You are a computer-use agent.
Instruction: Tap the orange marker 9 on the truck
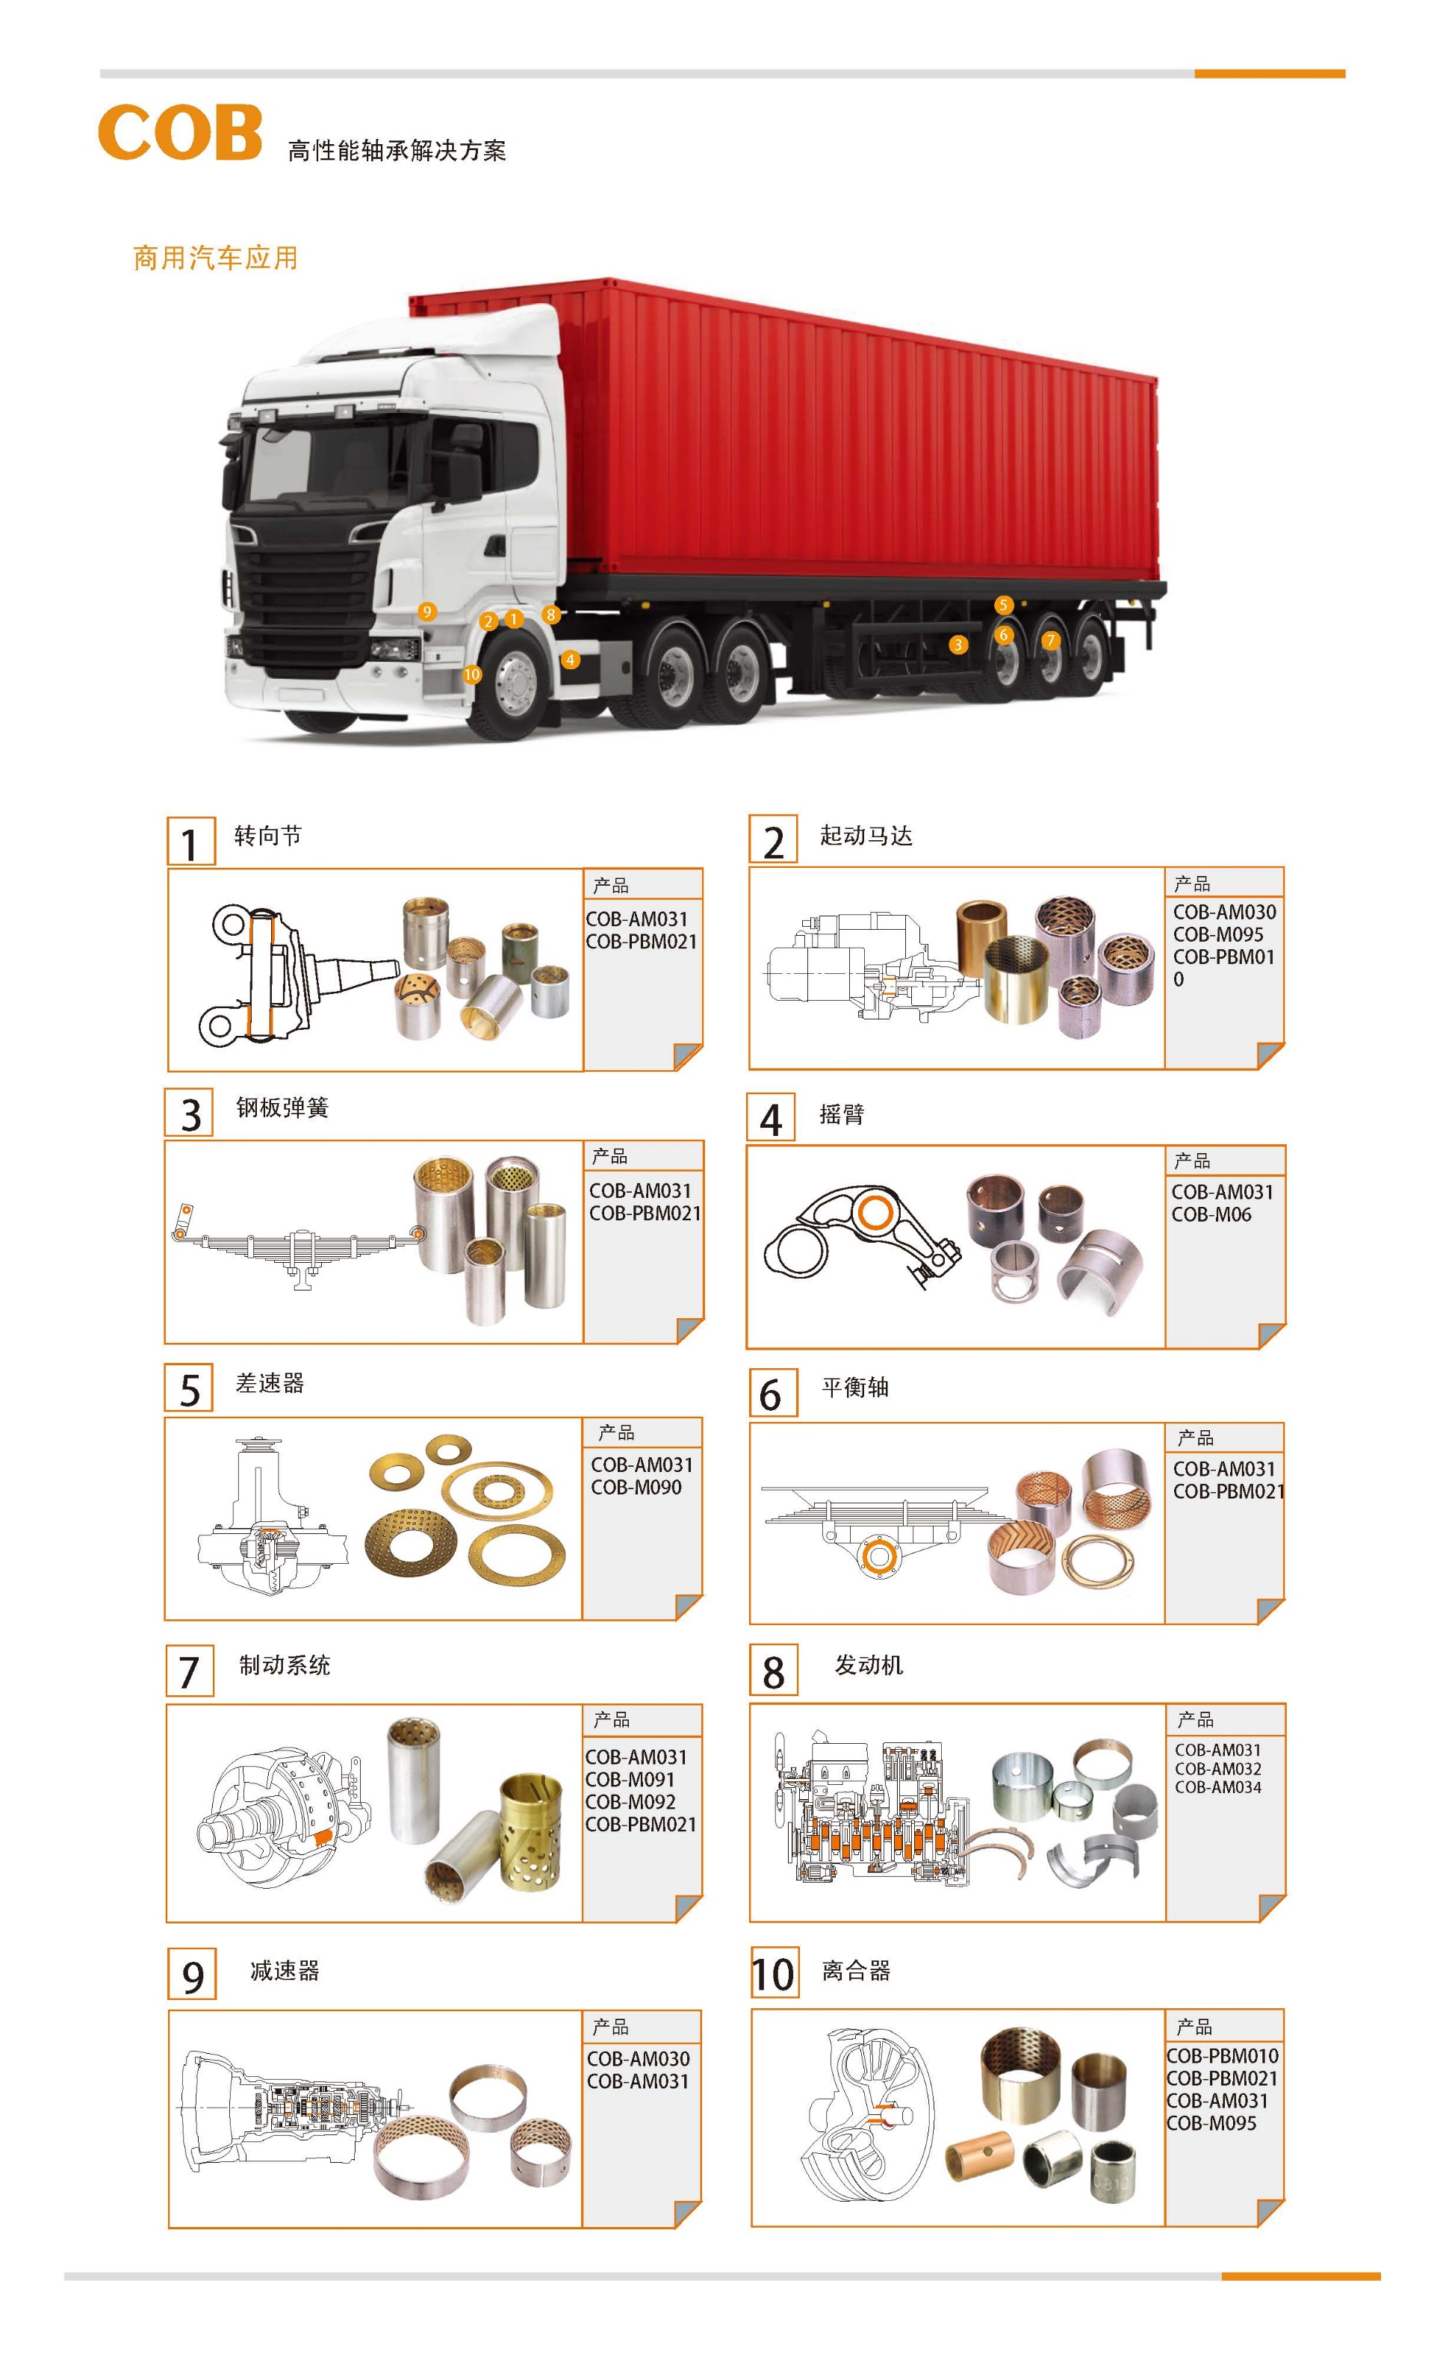(x=427, y=612)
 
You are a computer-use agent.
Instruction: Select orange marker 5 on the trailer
(x=1003, y=605)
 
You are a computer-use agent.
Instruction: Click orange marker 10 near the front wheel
(x=472, y=674)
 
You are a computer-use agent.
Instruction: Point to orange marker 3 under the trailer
(x=958, y=645)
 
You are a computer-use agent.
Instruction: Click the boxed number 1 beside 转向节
(x=191, y=842)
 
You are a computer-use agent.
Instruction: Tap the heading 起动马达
(x=866, y=836)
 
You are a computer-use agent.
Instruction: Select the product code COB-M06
(x=1211, y=1214)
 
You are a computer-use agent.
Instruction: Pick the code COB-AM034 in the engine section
(x=1218, y=1786)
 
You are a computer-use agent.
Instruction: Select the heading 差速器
(x=270, y=1383)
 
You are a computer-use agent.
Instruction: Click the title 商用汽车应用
(x=216, y=258)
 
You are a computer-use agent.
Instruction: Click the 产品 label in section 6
(x=1195, y=1438)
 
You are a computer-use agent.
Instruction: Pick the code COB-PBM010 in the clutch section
(x=1223, y=2056)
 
